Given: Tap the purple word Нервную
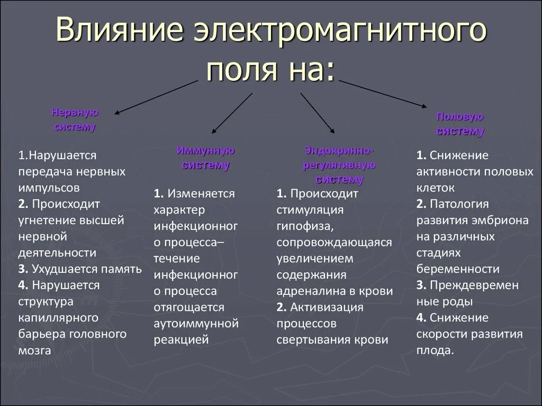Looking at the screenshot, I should (x=75, y=112).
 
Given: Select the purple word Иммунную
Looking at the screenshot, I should (x=205, y=151).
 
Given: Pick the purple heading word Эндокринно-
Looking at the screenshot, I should (x=339, y=151).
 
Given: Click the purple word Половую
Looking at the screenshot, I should (x=460, y=117).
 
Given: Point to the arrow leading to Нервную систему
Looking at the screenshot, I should (x=156, y=97).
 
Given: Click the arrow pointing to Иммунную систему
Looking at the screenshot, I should (x=232, y=113).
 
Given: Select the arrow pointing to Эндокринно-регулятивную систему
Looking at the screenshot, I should (x=317, y=113).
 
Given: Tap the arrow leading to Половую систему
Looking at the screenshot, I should (x=383, y=94).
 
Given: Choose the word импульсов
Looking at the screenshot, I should (x=49, y=188).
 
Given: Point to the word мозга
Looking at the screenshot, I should (x=34, y=350).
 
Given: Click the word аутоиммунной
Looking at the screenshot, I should (x=196, y=323).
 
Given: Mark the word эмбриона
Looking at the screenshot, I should (x=499, y=220).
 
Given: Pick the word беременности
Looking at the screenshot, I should (x=458, y=269).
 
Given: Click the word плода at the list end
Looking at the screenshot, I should (x=435, y=350).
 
